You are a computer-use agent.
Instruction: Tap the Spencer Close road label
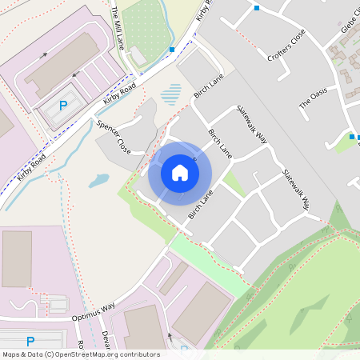[113, 137]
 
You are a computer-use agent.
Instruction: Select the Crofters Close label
[286, 49]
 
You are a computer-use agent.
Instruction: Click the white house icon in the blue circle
[180, 173]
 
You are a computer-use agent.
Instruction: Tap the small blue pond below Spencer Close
[98, 181]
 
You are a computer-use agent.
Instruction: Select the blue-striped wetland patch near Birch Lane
[170, 95]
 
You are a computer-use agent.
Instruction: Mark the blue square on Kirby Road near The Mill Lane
[172, 50]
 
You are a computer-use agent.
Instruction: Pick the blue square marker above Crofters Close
[256, 8]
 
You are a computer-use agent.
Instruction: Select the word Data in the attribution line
[36, 354]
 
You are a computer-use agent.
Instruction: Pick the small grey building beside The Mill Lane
[138, 55]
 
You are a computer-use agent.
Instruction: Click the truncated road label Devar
[104, 340]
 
